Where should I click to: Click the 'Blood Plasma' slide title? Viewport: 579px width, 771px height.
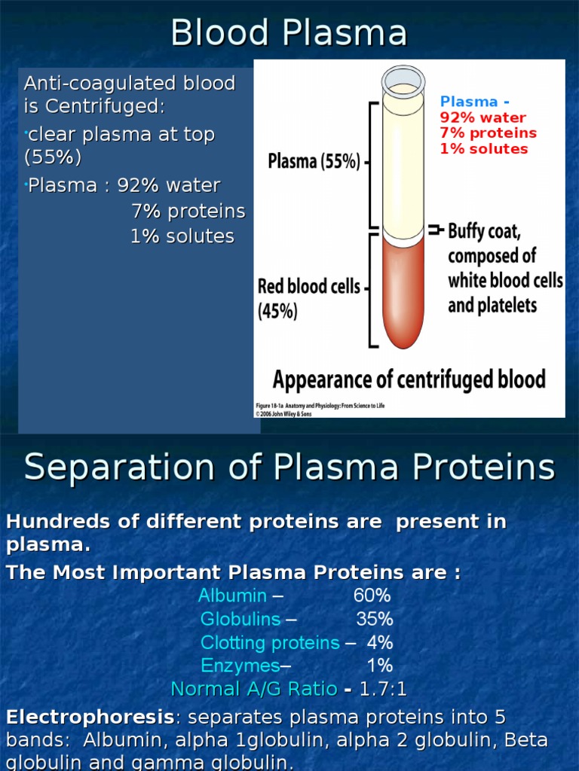tap(289, 33)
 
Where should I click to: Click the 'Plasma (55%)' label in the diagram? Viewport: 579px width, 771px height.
tap(314, 162)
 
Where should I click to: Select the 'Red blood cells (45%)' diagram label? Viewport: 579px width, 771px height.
tap(308, 298)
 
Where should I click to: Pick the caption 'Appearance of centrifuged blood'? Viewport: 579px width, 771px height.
tap(409, 379)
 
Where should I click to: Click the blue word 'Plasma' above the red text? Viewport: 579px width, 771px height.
tap(469, 102)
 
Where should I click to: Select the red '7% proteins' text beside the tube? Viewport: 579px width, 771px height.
tap(488, 133)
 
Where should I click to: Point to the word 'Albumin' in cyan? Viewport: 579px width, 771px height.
tap(232, 596)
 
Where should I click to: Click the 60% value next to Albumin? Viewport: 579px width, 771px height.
tap(372, 596)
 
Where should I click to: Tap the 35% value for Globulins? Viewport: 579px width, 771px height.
tap(375, 619)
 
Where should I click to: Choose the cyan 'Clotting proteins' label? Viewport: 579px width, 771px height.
tap(270, 643)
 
